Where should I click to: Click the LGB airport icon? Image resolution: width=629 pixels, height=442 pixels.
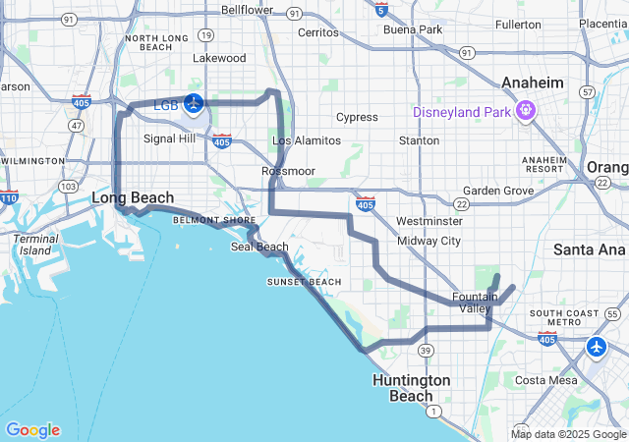(x=194, y=103)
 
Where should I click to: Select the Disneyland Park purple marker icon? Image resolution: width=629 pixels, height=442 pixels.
(x=526, y=109)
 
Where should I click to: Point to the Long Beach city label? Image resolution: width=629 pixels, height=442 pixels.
(x=133, y=197)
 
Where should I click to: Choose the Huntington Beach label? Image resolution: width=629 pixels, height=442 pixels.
(x=411, y=387)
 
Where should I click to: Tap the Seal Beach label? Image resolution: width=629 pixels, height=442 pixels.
(x=259, y=247)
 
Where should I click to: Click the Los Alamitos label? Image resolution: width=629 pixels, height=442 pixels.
(x=306, y=140)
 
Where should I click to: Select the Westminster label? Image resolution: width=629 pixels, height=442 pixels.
(x=429, y=221)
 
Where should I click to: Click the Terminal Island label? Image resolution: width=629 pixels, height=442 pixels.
(x=36, y=244)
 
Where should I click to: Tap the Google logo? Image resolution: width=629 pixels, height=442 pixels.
(x=32, y=429)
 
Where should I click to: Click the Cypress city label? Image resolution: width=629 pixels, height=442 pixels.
(x=357, y=118)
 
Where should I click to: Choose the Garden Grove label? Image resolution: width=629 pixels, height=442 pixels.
(x=498, y=191)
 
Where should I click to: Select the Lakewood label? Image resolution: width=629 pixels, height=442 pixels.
(x=218, y=58)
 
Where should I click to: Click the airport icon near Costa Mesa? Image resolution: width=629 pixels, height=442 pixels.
(x=598, y=347)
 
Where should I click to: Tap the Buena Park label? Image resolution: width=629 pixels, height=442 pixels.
(x=413, y=29)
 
